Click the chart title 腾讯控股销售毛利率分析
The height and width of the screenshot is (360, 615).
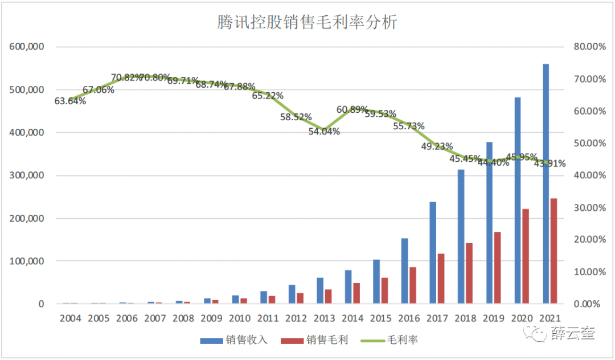pos(307,22)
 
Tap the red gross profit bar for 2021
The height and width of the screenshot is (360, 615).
pos(554,251)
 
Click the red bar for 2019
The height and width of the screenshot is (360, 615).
pos(497,268)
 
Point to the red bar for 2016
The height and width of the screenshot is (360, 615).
pos(413,285)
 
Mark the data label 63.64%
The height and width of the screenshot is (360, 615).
pos(70,101)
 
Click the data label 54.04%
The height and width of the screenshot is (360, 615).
pos(324,132)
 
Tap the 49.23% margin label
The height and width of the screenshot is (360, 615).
pos(437,146)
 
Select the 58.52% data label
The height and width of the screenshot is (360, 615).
pos(296,117)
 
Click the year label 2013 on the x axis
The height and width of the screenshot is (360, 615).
pos(324,318)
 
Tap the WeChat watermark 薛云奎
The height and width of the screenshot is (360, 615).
pos(572,334)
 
